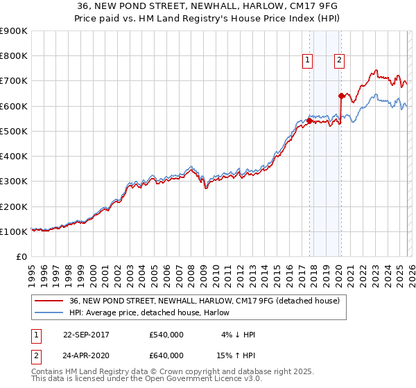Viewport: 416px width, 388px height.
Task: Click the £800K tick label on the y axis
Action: pyautogui.click(x=14, y=56)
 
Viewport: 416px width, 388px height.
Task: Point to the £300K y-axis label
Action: pyautogui.click(x=14, y=182)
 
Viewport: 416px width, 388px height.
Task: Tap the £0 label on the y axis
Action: pyautogui.click(x=21, y=256)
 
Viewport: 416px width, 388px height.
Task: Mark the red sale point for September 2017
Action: pyautogui.click(x=309, y=121)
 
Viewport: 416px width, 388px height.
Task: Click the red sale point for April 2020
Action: pyautogui.click(x=341, y=96)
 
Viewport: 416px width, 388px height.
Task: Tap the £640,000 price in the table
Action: pyautogui.click(x=166, y=355)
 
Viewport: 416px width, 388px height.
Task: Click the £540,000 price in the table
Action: pyautogui.click(x=166, y=335)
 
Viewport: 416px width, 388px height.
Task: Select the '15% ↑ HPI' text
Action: pyautogui.click(x=236, y=355)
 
